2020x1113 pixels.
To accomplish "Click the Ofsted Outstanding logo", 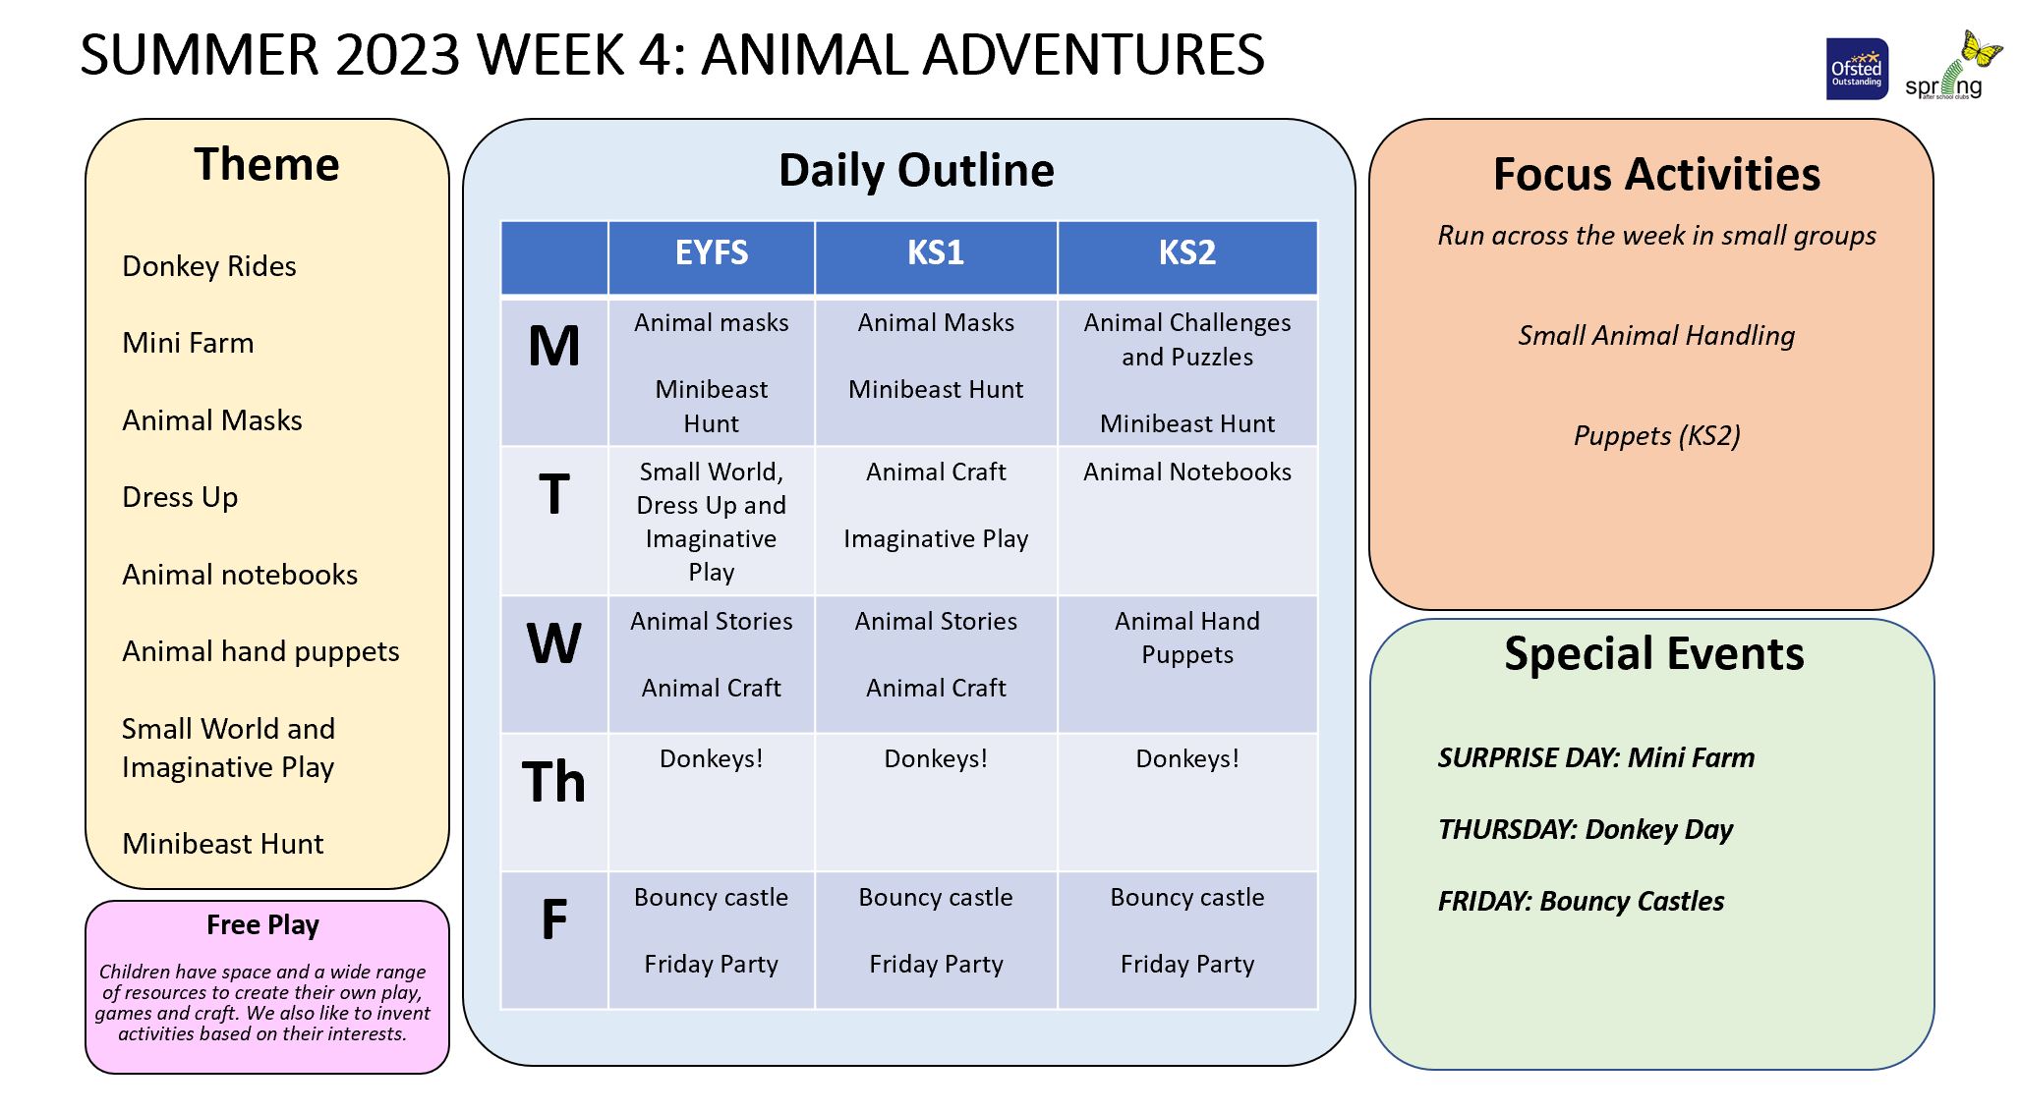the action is pos(1857,69).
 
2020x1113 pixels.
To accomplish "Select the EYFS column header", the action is pos(712,253).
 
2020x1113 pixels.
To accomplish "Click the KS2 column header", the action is pos(1187,253).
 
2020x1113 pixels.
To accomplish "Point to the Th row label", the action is pos(553,782).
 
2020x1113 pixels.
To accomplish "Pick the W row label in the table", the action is pos(554,643).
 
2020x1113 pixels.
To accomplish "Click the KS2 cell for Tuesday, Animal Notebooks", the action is pos(1187,473).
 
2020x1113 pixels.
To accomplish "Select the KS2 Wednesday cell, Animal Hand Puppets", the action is pos(1187,638).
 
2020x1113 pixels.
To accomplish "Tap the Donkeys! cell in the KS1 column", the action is pos(936,758).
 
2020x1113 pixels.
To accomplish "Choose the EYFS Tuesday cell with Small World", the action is pos(712,522).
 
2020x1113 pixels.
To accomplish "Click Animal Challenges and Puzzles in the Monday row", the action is pos(1187,340).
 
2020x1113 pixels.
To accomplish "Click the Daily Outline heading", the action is pos(916,171).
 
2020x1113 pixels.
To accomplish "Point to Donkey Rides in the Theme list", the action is pos(209,266).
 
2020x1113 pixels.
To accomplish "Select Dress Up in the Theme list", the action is pos(180,497).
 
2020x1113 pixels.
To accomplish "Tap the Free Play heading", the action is pos(262,925).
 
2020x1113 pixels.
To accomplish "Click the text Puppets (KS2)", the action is pos(1656,435).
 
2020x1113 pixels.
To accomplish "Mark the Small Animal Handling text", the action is pos(1656,336).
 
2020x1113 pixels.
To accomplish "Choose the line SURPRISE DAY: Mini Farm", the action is pos(1595,757).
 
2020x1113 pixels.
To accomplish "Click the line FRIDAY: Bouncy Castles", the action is pos(1581,901).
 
